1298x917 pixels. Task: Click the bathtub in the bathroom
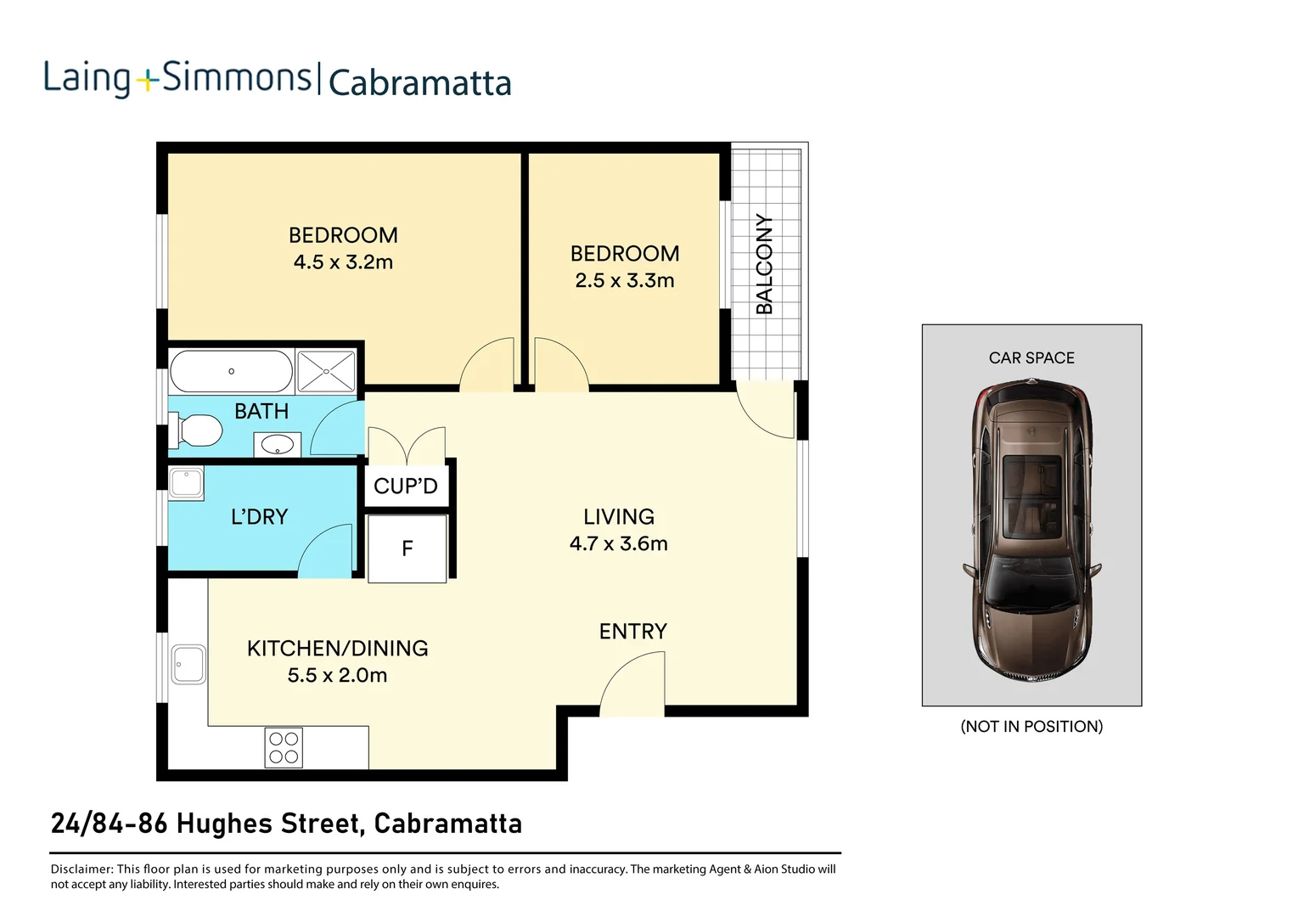tap(231, 372)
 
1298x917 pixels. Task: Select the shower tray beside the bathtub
tap(326, 372)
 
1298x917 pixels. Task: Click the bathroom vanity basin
tap(277, 444)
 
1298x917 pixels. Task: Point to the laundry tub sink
tap(186, 483)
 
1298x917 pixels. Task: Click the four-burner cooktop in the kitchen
tap(284, 748)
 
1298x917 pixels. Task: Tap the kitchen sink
tap(188, 665)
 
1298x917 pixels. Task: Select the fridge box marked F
tap(407, 549)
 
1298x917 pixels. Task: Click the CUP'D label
tap(406, 486)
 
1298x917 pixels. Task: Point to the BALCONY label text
tap(765, 264)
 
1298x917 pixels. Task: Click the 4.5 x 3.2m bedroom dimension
tap(343, 262)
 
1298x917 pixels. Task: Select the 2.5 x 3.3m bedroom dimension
tap(624, 281)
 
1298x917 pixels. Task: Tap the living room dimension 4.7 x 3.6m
tap(618, 544)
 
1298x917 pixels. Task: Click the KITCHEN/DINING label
tap(337, 649)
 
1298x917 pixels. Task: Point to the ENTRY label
tap(632, 632)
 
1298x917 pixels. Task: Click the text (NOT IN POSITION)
tap(1031, 727)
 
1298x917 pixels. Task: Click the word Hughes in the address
tap(225, 824)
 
